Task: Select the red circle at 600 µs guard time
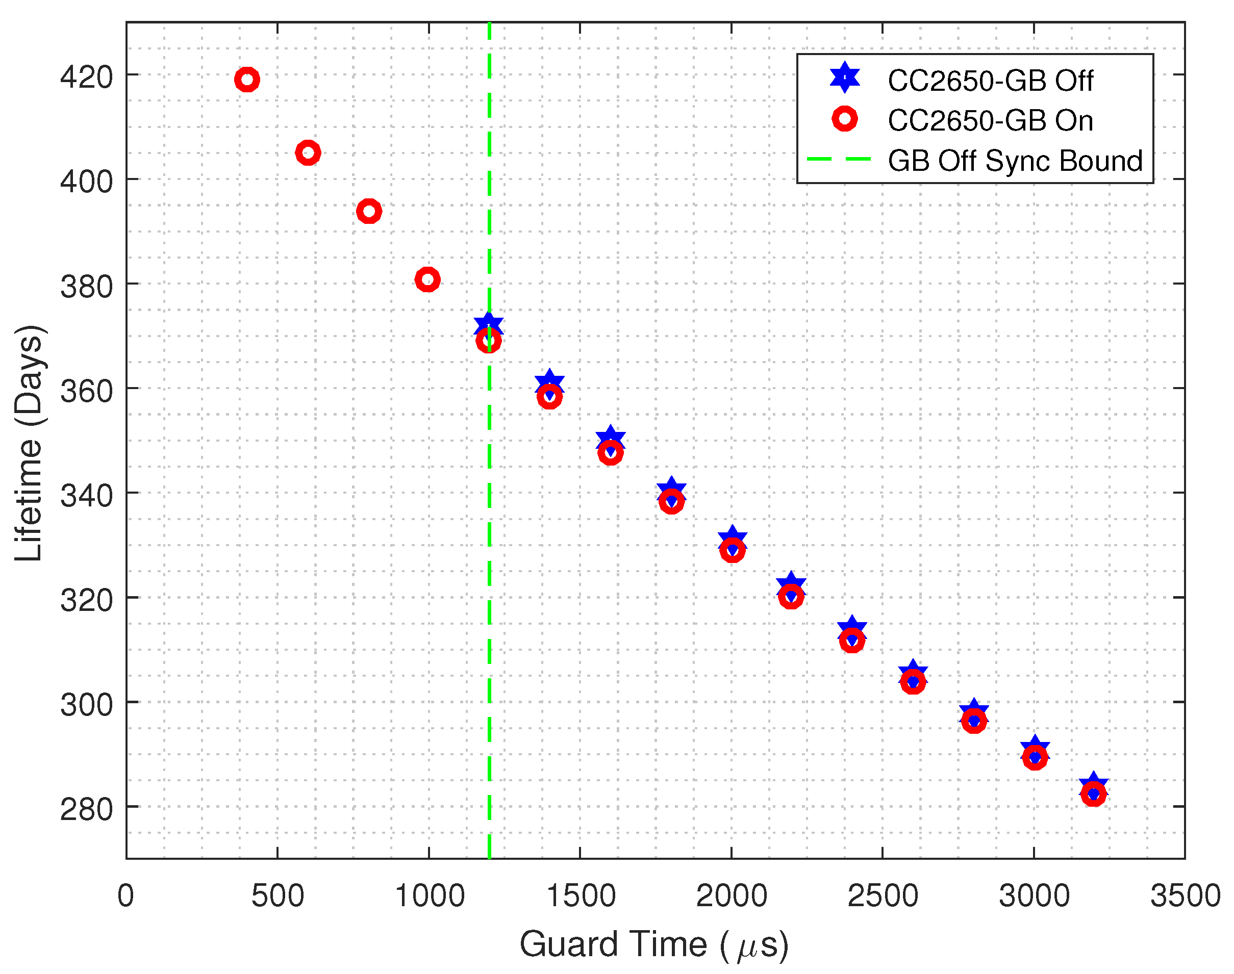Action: [308, 153]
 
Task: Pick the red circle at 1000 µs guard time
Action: [427, 279]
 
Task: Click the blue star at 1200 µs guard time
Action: [488, 324]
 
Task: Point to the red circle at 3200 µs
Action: [1093, 794]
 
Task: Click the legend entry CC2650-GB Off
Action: [990, 81]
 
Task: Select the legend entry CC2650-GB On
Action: [990, 120]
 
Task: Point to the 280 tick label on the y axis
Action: [87, 809]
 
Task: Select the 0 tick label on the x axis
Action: [125, 896]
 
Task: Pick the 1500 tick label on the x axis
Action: [581, 896]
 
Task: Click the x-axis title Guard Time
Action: [654, 944]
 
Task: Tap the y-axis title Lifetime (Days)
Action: [29, 443]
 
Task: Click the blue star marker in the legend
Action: [845, 78]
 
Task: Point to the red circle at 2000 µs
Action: [732, 550]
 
